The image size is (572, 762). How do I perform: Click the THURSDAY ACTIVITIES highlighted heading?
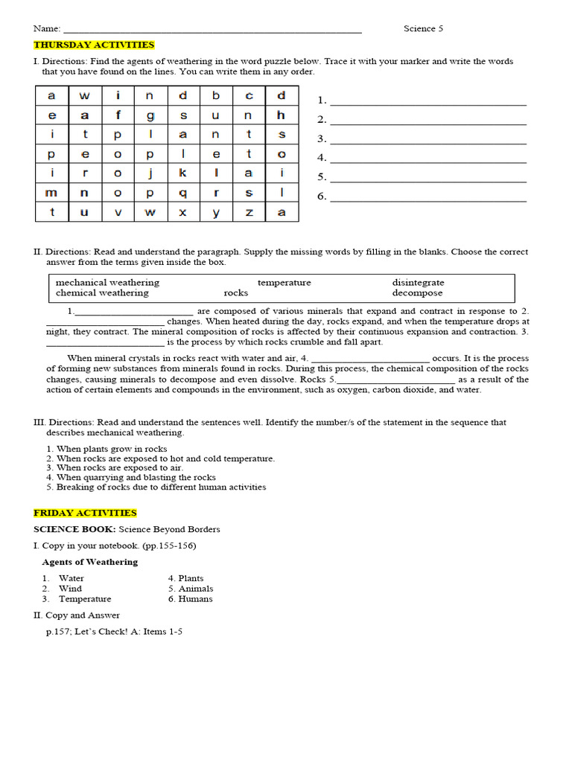point(94,45)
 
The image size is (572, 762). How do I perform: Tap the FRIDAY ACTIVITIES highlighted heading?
point(85,513)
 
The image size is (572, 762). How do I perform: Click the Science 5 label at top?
point(423,28)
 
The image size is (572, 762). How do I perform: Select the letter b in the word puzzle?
point(216,95)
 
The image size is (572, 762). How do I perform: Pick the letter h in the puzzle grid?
point(282,115)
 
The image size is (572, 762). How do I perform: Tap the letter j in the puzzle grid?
point(150,173)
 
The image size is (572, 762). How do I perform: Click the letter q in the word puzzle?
point(182,192)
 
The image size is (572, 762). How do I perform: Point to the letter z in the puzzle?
point(249,212)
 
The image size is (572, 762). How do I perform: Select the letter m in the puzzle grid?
point(51,192)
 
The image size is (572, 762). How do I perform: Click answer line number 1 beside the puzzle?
point(428,101)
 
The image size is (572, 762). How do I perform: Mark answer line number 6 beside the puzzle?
point(428,197)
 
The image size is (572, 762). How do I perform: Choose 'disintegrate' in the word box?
point(418,283)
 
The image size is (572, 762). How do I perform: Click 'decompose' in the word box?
point(417,293)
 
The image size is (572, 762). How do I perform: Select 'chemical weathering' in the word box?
point(102,293)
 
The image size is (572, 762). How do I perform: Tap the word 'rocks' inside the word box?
point(235,293)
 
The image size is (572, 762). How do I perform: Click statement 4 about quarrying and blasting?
point(130,478)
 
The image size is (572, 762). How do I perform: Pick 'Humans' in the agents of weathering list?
point(195,599)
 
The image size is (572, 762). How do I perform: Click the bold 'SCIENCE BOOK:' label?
point(74,529)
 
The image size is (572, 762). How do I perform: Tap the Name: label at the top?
point(46,28)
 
